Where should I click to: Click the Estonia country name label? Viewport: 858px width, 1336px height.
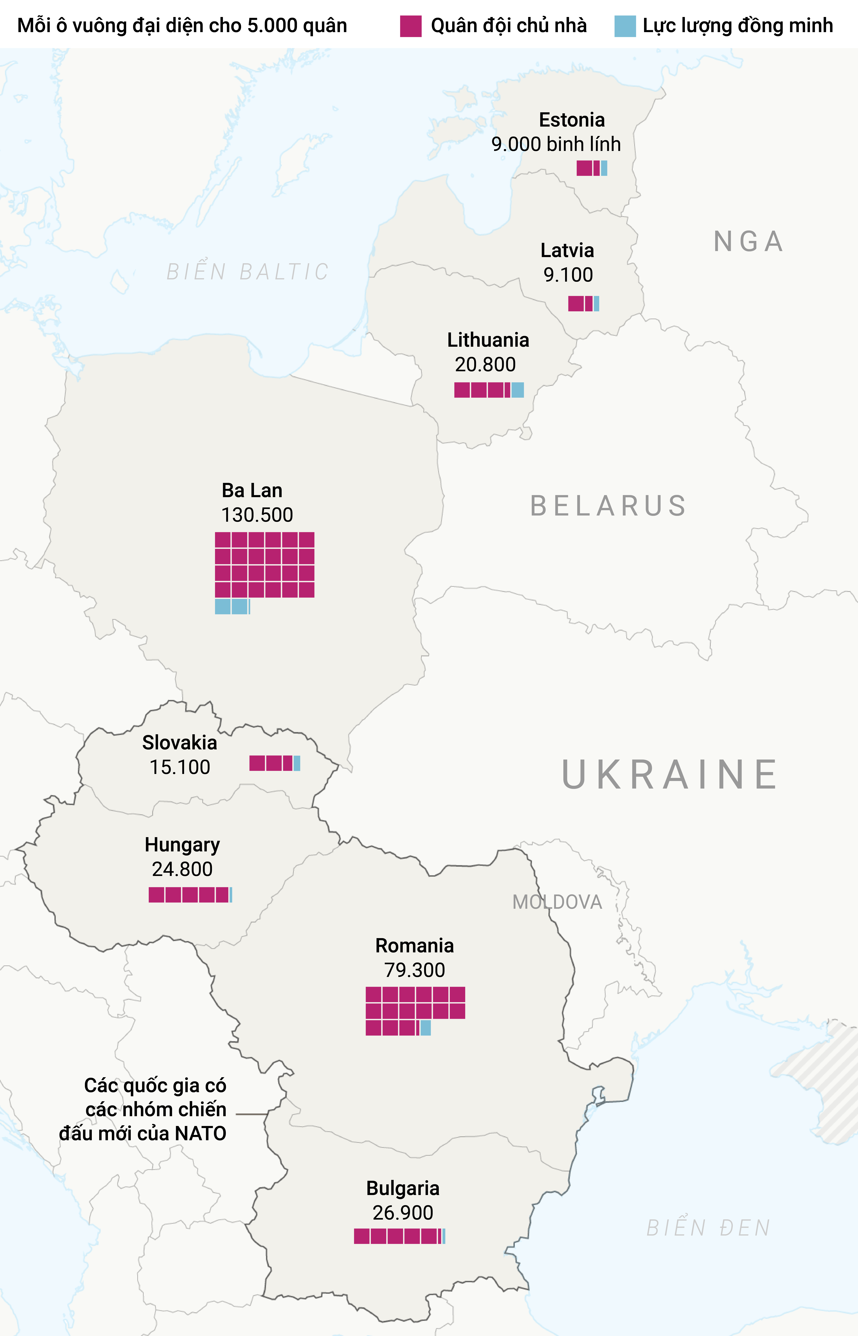(x=572, y=120)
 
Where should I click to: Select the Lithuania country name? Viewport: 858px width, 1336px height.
(x=488, y=340)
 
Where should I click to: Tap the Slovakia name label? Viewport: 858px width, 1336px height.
(x=179, y=742)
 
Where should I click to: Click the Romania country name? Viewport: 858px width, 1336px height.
(x=415, y=945)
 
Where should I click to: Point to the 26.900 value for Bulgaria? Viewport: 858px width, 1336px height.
(x=403, y=1212)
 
